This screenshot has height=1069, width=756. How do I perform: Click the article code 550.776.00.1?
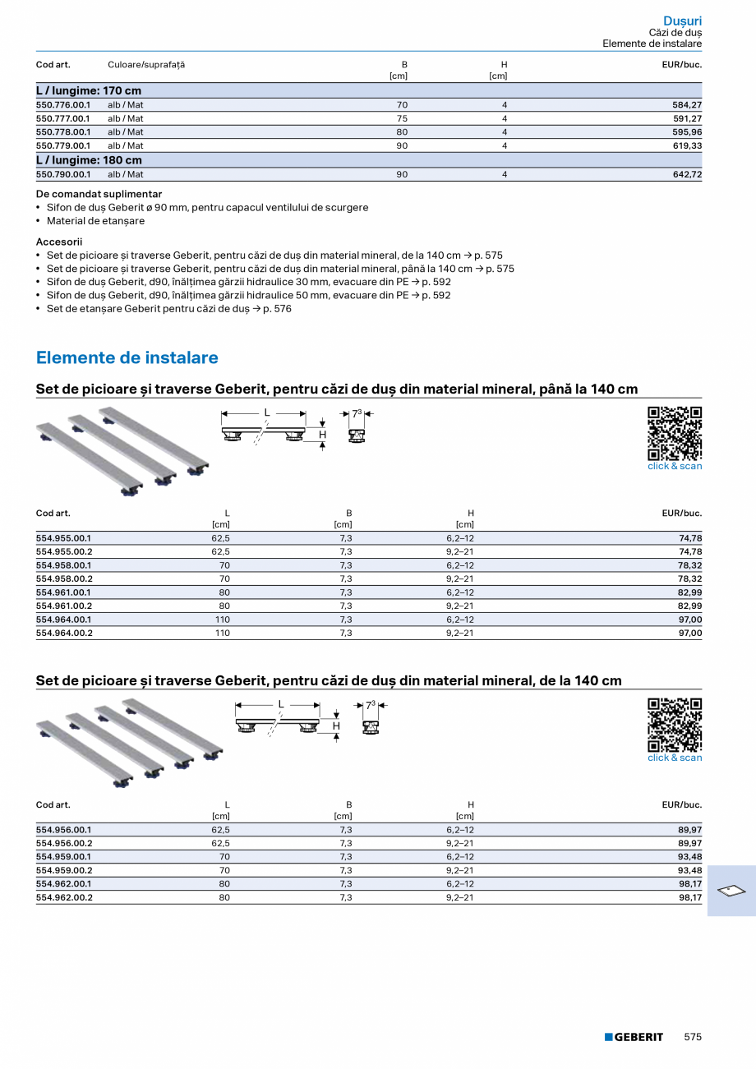pyautogui.click(x=63, y=105)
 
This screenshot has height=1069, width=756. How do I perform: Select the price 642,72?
pyautogui.click(x=686, y=175)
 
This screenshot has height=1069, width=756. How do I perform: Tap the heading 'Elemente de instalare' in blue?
pyautogui.click(x=127, y=357)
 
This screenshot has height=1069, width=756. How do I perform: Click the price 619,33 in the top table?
pyautogui.click(x=686, y=145)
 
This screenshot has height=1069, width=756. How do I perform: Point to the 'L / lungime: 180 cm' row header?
pyautogui.click(x=89, y=160)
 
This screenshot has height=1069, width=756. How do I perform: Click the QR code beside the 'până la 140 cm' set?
pyautogui.click(x=675, y=433)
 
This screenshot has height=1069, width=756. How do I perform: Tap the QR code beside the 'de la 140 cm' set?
pyautogui.click(x=675, y=725)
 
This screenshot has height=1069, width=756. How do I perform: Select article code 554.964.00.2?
pyautogui.click(x=64, y=634)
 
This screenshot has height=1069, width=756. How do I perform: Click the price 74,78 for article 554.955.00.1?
pyautogui.click(x=690, y=538)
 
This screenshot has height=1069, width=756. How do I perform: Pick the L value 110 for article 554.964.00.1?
pyautogui.click(x=223, y=620)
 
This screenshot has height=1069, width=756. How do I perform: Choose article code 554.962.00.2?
pyautogui.click(x=64, y=898)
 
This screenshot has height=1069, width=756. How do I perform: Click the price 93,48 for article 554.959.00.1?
pyautogui.click(x=690, y=857)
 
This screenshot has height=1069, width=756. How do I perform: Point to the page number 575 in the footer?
pyautogui.click(x=693, y=1037)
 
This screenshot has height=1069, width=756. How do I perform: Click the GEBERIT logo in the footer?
pyautogui.click(x=634, y=1037)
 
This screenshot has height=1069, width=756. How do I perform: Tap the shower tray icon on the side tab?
pyautogui.click(x=731, y=890)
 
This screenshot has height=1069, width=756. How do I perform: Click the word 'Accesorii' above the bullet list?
pyautogui.click(x=59, y=242)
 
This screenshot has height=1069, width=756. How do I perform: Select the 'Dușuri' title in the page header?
pyautogui.click(x=682, y=21)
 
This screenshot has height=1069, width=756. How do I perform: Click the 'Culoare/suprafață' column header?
pyautogui.click(x=146, y=65)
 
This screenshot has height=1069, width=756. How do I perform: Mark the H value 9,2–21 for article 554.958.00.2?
pyautogui.click(x=460, y=579)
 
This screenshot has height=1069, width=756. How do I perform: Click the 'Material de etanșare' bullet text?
pyautogui.click(x=95, y=221)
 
